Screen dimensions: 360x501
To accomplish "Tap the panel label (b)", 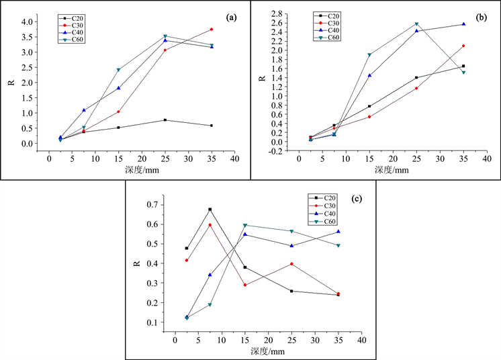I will click(x=481, y=17).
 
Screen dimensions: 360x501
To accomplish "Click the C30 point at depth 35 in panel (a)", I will click(x=212, y=30).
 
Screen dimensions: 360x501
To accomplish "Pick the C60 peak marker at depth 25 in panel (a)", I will click(x=165, y=36).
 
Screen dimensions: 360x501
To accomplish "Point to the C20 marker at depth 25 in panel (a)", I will click(x=165, y=120).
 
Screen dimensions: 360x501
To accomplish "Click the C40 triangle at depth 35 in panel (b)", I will click(x=463, y=24).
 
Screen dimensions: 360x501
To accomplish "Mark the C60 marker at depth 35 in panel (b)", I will click(x=463, y=73).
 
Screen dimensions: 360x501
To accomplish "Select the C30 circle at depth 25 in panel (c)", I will click(x=291, y=264).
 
